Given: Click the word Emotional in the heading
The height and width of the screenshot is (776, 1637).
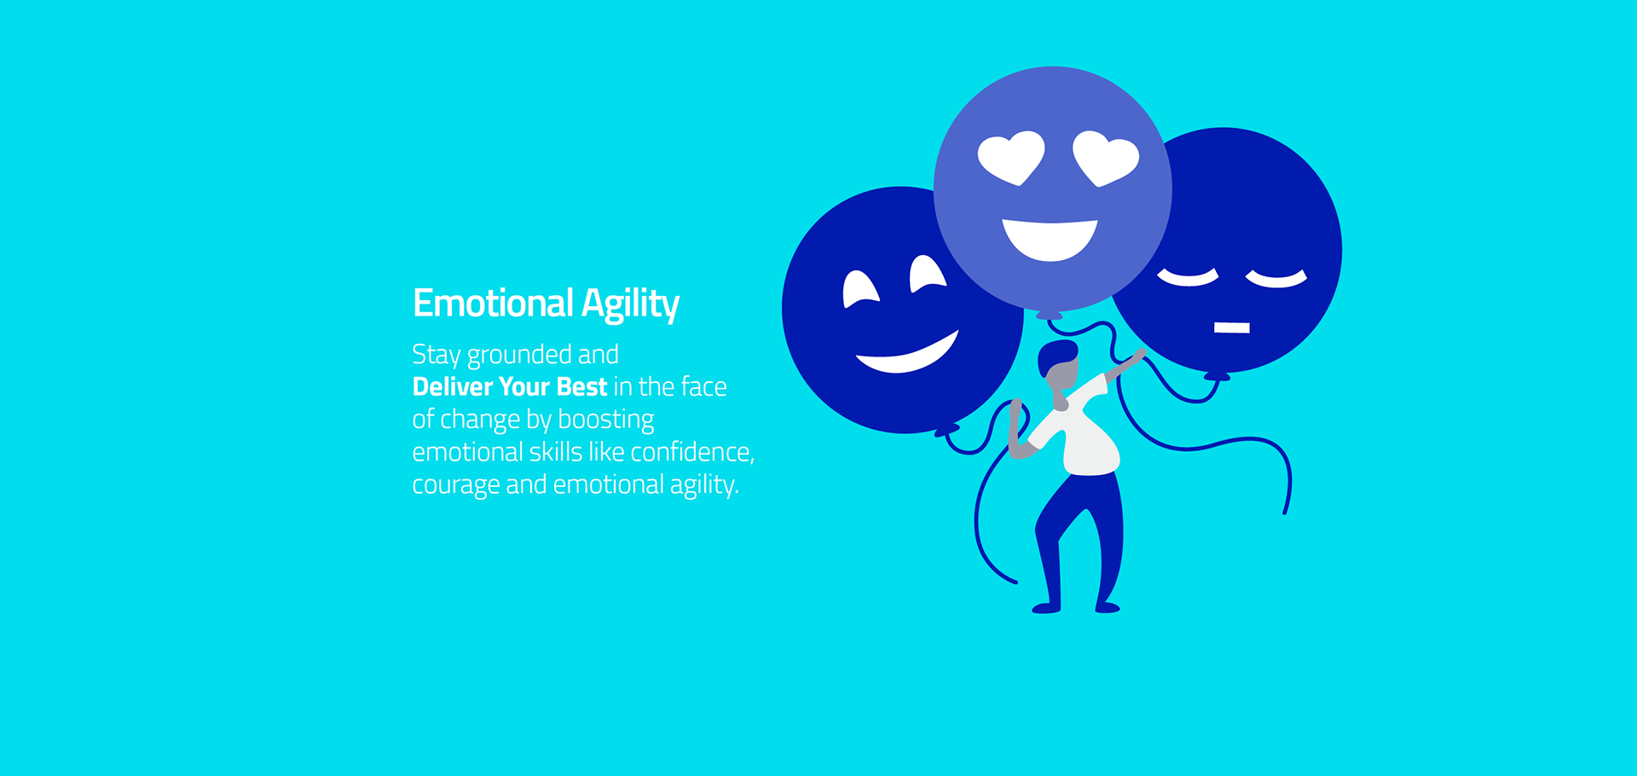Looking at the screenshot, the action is [x=493, y=304].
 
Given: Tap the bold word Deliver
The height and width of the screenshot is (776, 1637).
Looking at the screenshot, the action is [x=453, y=386].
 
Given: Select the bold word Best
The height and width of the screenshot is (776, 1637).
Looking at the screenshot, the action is [x=581, y=386].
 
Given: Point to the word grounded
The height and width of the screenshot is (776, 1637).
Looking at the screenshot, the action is [x=519, y=356].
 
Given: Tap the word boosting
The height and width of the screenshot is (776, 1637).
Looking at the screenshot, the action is [x=605, y=420].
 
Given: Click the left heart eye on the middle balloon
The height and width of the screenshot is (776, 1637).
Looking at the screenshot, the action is [x=1011, y=157].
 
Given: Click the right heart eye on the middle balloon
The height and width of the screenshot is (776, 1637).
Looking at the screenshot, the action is [x=1105, y=157].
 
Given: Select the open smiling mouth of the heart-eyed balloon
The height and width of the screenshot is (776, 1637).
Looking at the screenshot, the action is [x=1050, y=239].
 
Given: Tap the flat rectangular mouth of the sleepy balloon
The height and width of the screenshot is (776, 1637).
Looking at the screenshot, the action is [x=1231, y=327].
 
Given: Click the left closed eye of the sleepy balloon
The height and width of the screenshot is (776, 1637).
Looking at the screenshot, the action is [x=1188, y=278].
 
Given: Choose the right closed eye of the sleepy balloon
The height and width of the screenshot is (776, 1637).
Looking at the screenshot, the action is [x=1276, y=279].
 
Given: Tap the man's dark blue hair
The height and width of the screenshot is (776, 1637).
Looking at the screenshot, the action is [x=1056, y=355].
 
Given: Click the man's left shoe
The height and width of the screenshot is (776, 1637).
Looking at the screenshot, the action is [x=1046, y=608].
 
